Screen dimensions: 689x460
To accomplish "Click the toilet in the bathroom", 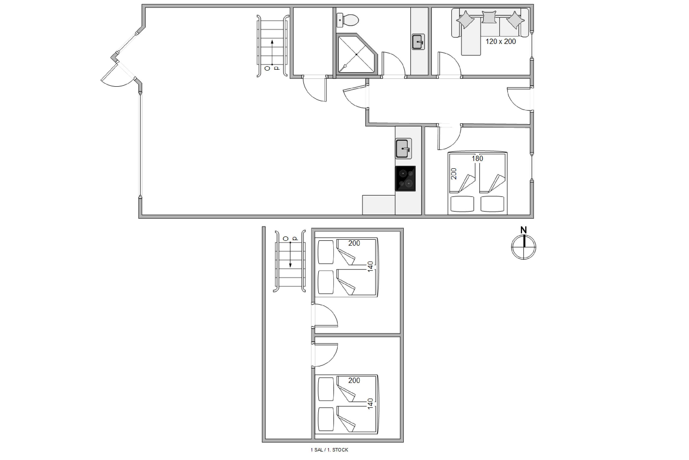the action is pos(347,20).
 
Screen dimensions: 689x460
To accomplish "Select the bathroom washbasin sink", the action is pos(418,42).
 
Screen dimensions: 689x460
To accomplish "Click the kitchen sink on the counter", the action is pos(403,148).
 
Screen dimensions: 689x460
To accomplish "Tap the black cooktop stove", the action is pos(405,179).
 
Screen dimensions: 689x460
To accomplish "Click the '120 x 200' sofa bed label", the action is pos(501,41).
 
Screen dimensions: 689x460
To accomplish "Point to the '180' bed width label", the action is pos(477,159).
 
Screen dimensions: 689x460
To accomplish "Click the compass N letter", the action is pos(523,230).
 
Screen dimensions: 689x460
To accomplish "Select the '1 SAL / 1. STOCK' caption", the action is pos(329,450).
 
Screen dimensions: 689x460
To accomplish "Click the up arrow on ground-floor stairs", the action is pos(272,52).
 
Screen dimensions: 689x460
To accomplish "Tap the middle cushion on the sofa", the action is pos(489,17).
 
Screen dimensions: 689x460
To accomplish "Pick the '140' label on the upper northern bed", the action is pos(370,266).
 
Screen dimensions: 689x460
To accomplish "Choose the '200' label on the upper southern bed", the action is pos(354,380).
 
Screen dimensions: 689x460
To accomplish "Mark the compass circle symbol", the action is pos(523,247).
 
